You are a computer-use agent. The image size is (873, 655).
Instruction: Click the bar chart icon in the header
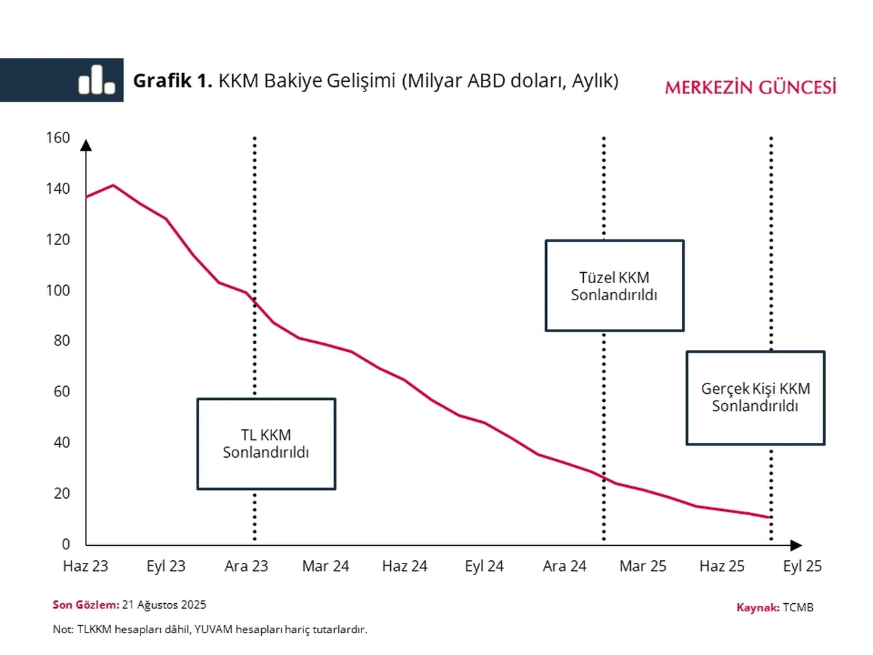tap(96, 80)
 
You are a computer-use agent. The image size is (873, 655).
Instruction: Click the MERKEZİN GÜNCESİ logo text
tap(750, 87)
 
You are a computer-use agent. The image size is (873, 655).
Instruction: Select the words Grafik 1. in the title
tap(172, 81)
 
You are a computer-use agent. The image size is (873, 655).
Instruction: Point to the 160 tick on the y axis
tap(58, 138)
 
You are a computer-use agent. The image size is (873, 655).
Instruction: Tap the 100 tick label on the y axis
tap(58, 290)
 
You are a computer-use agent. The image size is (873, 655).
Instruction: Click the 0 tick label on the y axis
tap(65, 544)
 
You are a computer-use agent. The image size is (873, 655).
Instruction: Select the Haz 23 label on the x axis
tap(85, 566)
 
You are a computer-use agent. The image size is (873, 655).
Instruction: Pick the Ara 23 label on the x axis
tap(246, 566)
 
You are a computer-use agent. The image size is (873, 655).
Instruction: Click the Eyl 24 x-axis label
tap(484, 566)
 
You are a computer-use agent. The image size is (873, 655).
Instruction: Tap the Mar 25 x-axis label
tap(642, 566)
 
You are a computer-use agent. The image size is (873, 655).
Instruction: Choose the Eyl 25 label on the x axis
tap(802, 566)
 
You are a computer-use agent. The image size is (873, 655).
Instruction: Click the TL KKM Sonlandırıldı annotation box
tap(266, 443)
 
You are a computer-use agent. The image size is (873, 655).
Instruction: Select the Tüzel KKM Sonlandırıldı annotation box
tap(614, 286)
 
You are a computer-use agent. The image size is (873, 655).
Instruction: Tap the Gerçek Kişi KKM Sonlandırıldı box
tap(755, 397)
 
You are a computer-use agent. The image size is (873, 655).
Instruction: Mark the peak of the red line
tap(113, 185)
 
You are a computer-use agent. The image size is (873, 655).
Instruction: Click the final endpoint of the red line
tap(770, 517)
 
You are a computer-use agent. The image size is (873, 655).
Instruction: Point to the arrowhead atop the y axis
tap(86, 145)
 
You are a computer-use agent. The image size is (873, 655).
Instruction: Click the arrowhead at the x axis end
tap(796, 545)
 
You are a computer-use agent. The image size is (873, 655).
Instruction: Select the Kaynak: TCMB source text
tap(775, 607)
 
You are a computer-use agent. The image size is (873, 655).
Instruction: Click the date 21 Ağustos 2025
tap(164, 605)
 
